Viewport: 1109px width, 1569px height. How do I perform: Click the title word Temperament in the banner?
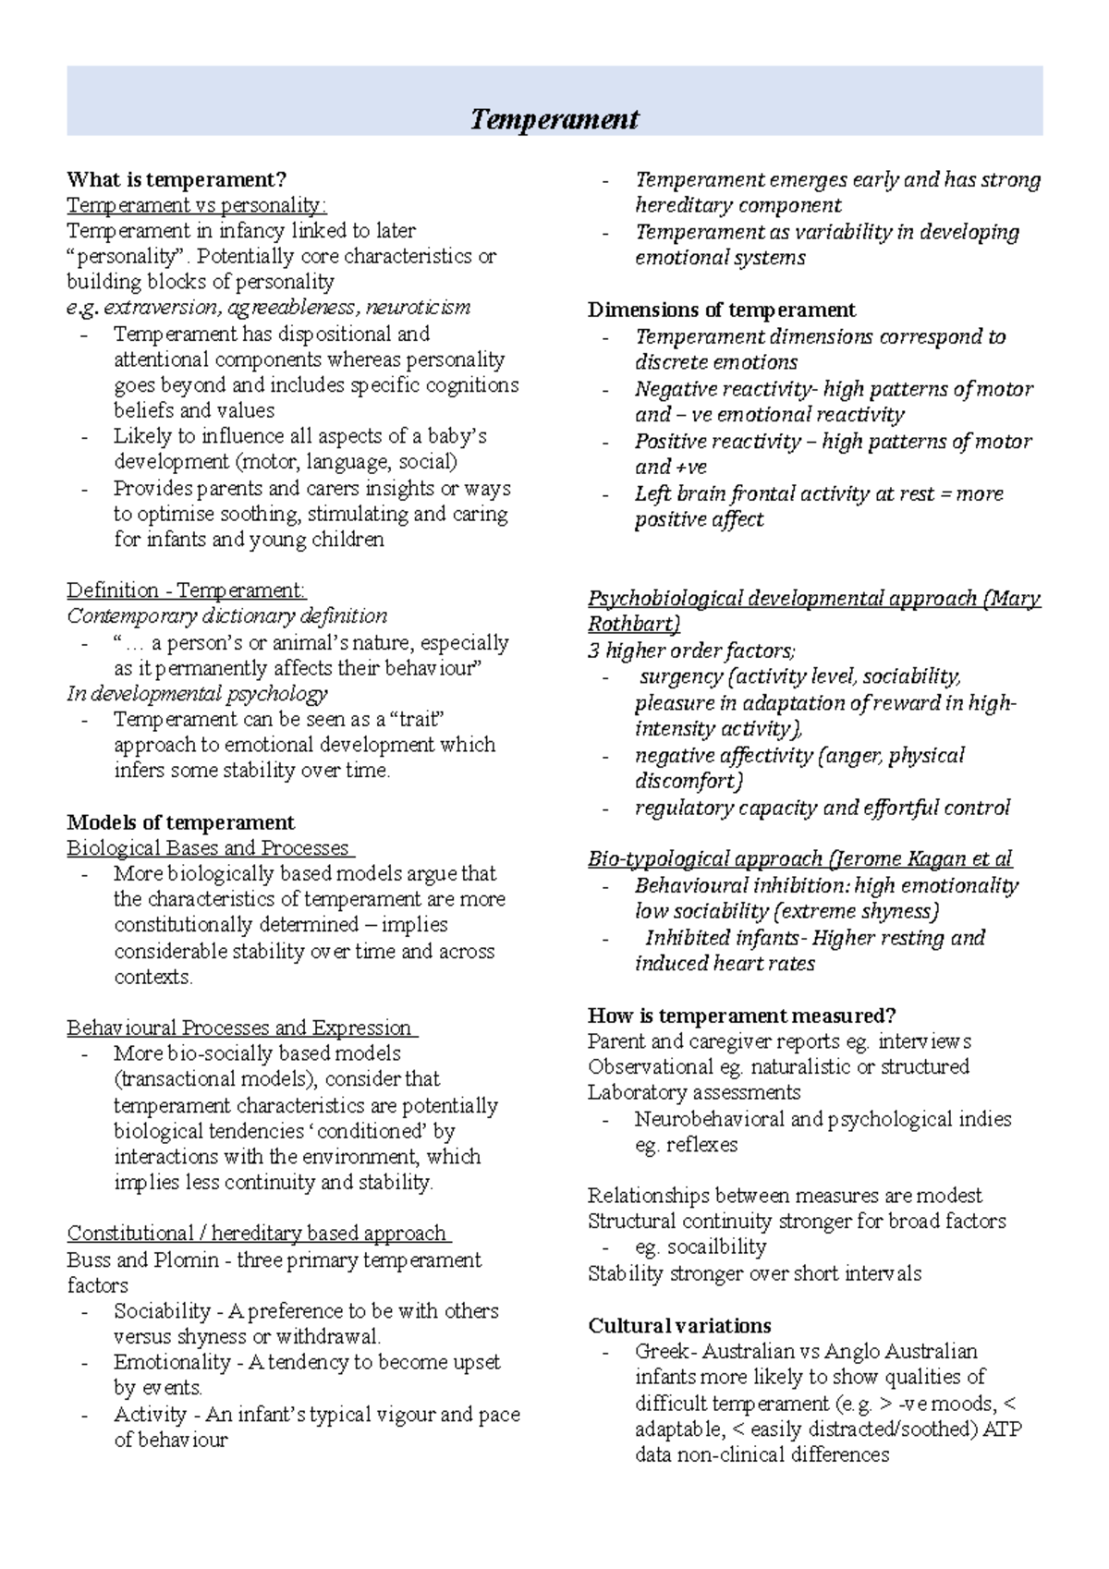[x=554, y=119]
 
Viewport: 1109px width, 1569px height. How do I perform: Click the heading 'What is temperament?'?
[x=177, y=178]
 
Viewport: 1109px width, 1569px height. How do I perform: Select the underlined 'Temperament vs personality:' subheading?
[x=196, y=204]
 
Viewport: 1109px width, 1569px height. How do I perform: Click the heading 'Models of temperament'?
[x=180, y=822]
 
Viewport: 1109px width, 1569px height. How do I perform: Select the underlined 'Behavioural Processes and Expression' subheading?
[x=239, y=1028]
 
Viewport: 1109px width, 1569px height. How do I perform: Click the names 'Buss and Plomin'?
[x=142, y=1259]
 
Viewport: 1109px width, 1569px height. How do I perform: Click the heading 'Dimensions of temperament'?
[x=721, y=310]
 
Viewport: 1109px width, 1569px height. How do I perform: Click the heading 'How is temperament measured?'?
[x=741, y=1016]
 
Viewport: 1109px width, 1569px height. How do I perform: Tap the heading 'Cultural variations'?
[x=679, y=1325]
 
